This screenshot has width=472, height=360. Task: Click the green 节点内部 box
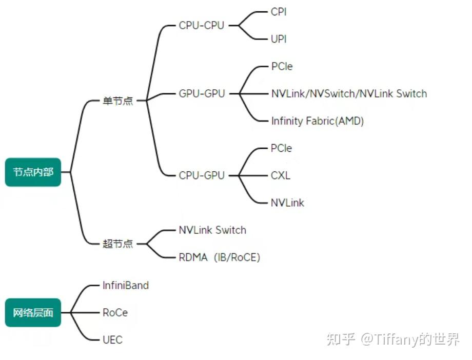point(33,172)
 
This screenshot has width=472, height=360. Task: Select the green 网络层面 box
point(33,312)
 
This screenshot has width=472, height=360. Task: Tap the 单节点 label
point(117,101)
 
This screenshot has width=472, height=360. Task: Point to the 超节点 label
point(117,244)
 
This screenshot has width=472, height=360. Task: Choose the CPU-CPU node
point(202,25)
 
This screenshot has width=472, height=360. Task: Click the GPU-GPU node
point(202,93)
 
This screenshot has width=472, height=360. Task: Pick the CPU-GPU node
point(202,175)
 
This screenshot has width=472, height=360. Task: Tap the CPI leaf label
point(279,12)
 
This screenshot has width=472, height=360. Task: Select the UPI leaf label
point(279,38)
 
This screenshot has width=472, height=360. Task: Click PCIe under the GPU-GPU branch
point(282,66)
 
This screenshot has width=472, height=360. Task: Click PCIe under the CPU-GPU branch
point(281,148)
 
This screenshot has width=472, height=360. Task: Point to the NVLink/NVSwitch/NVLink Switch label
point(349,93)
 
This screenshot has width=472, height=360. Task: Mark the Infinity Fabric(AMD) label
point(318,121)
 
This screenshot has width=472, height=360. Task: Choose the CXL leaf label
point(280,175)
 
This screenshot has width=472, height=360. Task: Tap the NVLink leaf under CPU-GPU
point(287,203)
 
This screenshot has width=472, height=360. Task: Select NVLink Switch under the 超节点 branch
point(212,230)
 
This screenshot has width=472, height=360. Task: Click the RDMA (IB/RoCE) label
point(219,257)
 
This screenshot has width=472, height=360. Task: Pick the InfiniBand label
point(126,285)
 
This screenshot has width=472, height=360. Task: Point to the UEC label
point(112,339)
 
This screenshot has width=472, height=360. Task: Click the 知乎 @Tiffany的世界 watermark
point(393,339)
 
